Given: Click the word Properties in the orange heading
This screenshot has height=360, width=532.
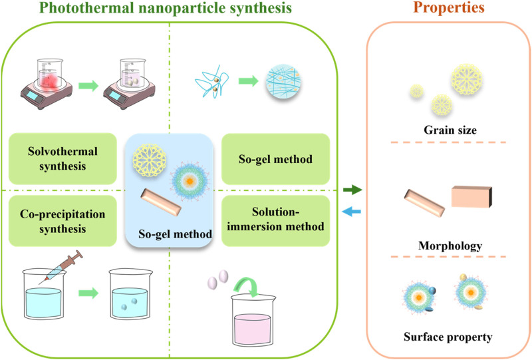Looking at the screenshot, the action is tap(448, 7).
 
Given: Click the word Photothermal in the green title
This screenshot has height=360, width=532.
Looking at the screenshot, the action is tap(86, 8).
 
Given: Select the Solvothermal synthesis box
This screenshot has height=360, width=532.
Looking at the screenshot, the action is tap(63, 158).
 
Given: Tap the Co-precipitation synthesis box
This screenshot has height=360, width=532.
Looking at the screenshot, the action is tap(63, 221).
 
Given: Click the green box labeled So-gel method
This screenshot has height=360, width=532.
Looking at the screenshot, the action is tap(275, 159).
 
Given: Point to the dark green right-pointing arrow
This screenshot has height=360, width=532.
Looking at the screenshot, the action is tap(352, 189).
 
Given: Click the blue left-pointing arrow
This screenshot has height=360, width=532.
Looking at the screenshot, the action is tap(352, 212).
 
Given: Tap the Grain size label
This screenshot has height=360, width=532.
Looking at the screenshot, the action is tap(450, 130).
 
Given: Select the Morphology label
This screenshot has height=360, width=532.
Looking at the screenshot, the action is tap(450, 246).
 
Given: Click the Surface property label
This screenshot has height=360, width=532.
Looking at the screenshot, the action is tap(448, 337).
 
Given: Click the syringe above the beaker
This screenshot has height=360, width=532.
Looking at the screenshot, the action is tap(61, 268).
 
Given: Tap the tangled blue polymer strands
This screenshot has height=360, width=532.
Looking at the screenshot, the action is tap(211, 82).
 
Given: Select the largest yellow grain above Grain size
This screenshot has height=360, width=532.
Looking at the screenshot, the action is tap(467, 79).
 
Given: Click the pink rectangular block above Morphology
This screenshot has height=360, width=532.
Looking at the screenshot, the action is tap(471, 197).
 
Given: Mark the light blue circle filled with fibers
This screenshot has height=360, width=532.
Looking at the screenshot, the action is tap(283, 81).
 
